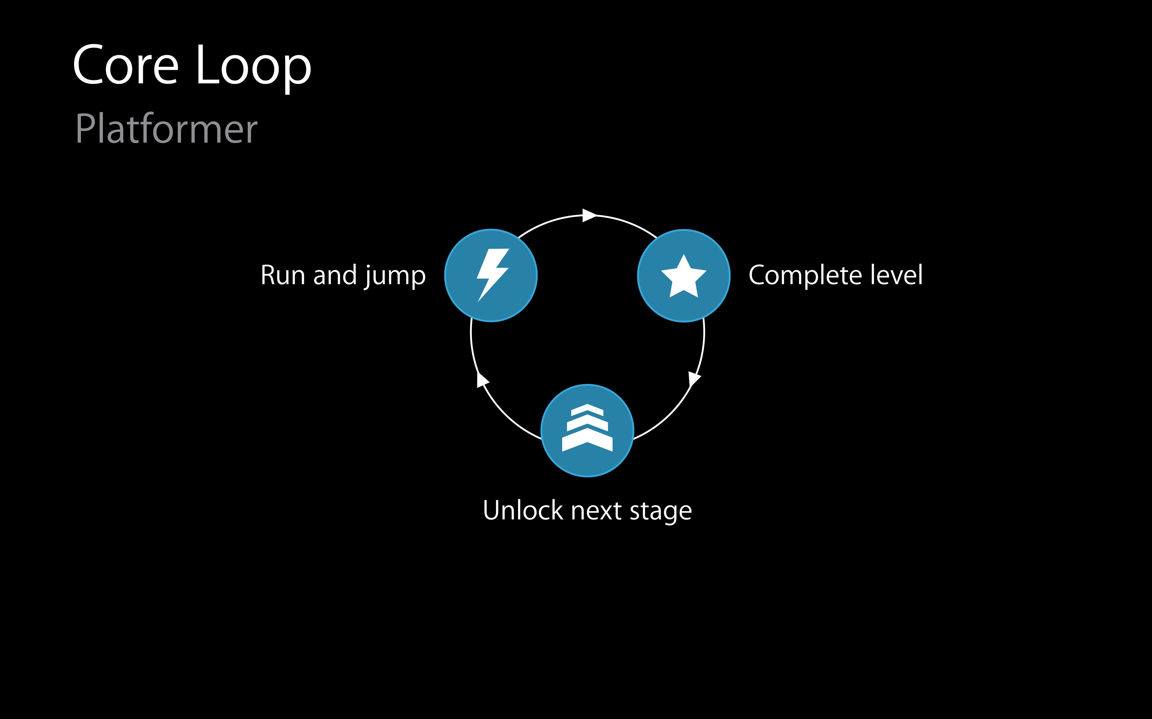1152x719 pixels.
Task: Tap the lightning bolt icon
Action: (492, 275)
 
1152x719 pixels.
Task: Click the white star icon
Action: (684, 277)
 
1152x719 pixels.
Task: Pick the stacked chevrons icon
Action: (587, 428)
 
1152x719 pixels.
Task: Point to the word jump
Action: (394, 277)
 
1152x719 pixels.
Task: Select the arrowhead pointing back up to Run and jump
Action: (482, 380)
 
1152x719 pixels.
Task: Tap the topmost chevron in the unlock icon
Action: (587, 410)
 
